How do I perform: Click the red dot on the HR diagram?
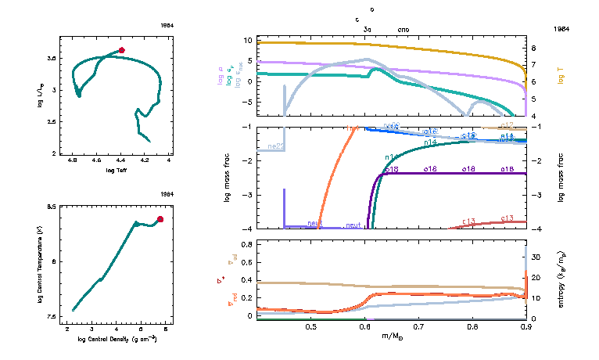[122, 50]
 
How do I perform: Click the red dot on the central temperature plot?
[160, 219]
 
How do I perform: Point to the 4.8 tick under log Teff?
[73, 160]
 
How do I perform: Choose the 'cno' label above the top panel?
[403, 29]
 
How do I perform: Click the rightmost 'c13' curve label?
[507, 218]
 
